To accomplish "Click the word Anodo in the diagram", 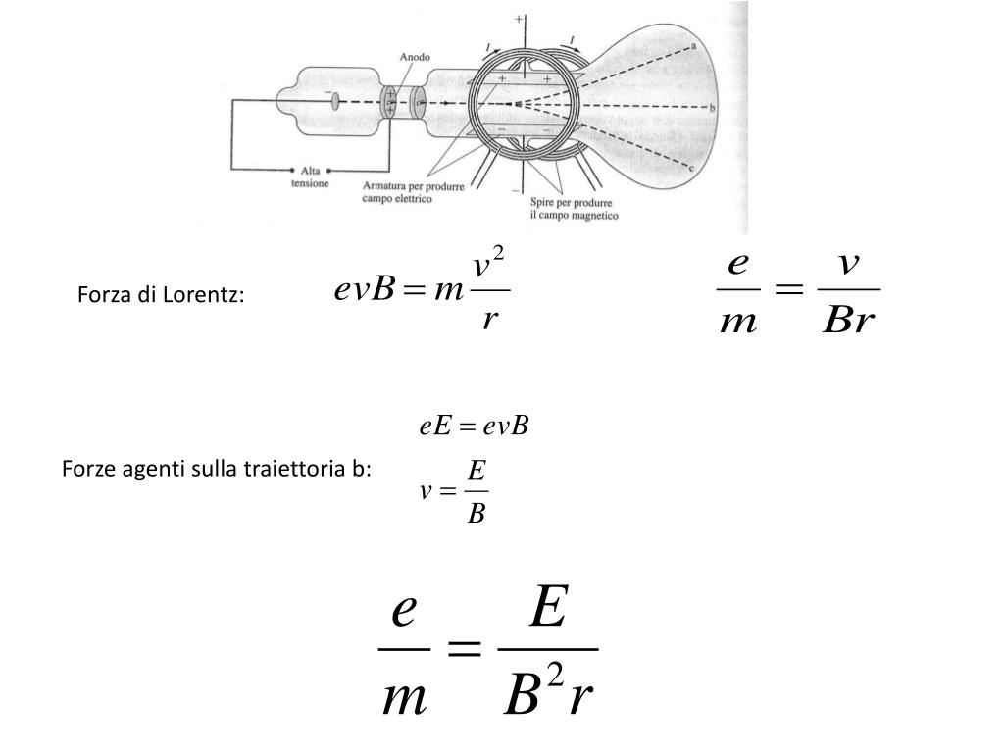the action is tap(414, 57).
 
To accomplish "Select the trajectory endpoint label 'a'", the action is tap(694, 46).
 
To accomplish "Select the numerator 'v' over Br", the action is tap(848, 266).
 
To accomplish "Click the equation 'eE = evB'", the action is tap(474, 427).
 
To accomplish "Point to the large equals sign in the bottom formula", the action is tap(463, 648).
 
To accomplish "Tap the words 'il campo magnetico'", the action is tap(575, 215).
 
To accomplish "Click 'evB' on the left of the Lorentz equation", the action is tap(365, 291).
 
